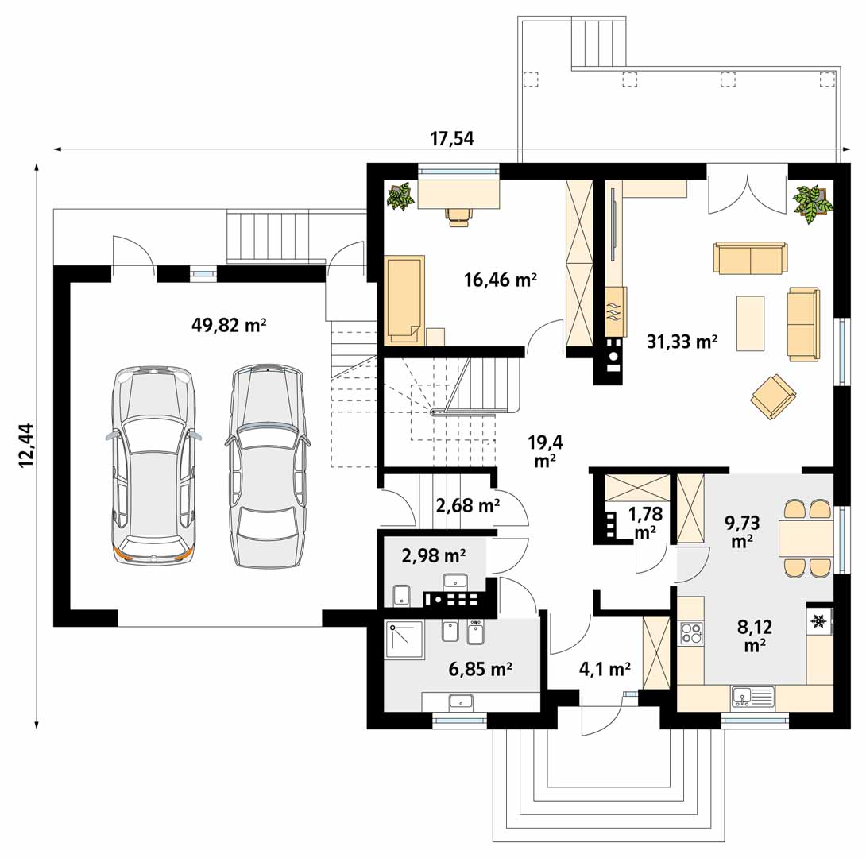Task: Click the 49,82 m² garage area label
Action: coord(229,325)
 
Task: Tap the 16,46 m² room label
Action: coord(501,280)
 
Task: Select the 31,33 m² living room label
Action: coord(682,342)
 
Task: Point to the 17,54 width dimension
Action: coord(452,138)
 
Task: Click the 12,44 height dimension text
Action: coord(26,445)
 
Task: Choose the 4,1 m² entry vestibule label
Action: coord(605,669)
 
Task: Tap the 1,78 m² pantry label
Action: coord(645,523)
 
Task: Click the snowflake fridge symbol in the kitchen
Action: coord(818,622)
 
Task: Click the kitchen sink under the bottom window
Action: coord(753,697)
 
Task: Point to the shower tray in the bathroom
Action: coord(405,640)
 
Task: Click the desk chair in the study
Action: coord(459,216)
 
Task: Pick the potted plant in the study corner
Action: coord(400,196)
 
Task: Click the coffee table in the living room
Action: coord(751,323)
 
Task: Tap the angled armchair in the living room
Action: coord(773,396)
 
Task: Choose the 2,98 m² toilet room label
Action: coord(434,555)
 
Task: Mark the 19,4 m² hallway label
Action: coord(545,451)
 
